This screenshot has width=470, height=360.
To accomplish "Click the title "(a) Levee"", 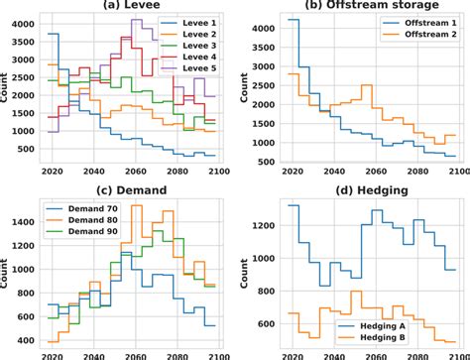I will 129,7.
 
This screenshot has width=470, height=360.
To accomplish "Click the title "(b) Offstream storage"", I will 362,7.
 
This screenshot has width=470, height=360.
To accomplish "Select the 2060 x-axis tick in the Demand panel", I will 129,352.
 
